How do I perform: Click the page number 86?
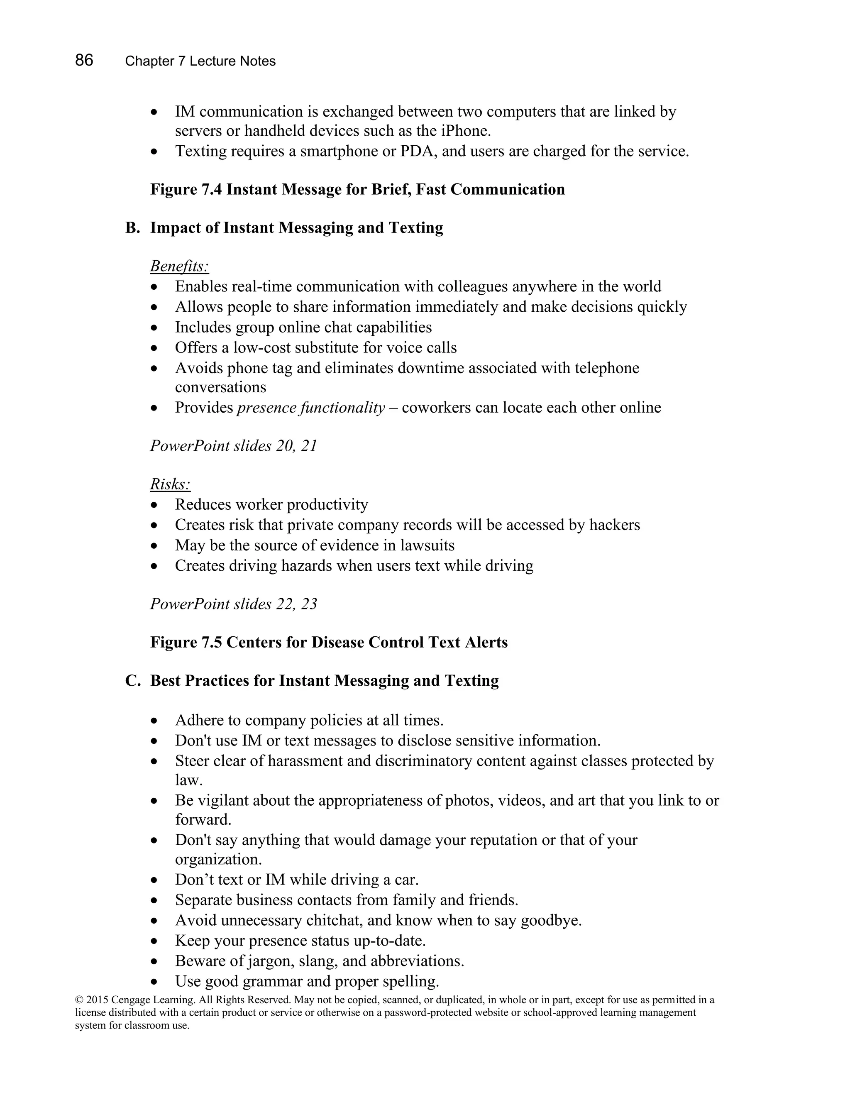[84, 61]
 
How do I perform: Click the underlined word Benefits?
[179, 266]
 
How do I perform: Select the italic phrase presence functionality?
[311, 408]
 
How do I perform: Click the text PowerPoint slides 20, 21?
[233, 446]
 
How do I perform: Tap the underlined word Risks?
[170, 484]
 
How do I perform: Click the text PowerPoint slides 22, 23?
[233, 604]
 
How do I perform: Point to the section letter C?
[132, 680]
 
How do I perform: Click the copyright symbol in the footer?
[78, 1000]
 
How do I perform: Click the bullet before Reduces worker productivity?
[154, 505]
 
